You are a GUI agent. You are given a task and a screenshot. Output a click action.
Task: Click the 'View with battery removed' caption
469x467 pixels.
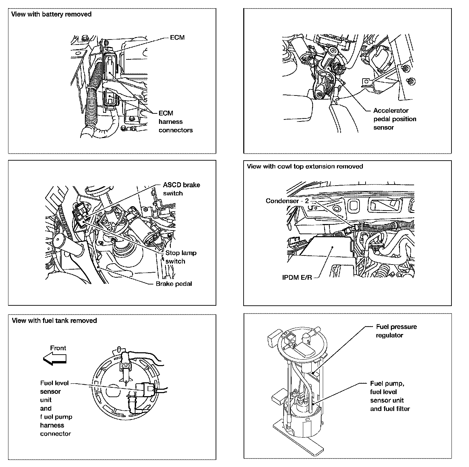pos(51,14)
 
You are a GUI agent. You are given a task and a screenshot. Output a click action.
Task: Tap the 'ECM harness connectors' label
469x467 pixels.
pos(175,121)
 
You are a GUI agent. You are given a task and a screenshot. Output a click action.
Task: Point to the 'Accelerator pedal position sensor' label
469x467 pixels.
pos(395,119)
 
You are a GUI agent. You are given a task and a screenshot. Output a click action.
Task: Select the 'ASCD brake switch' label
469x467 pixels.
pos(181,189)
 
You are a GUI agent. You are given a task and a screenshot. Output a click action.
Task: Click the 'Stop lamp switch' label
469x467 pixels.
pos(181,257)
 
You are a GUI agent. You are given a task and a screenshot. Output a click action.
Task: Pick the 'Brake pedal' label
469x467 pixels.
pos(174,284)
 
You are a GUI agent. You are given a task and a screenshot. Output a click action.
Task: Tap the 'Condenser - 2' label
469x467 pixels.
pos(287,201)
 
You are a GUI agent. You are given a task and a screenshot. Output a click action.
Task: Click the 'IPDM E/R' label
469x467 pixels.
pos(297,277)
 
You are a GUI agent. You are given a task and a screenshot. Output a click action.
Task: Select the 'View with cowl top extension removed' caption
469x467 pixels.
pos(305,166)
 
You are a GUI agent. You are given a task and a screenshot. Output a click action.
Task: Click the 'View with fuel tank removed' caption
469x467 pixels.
pos(54,321)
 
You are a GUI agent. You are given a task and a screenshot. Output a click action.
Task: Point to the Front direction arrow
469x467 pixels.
pos(55,359)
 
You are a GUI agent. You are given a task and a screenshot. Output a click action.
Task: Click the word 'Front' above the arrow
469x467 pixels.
pos(58,348)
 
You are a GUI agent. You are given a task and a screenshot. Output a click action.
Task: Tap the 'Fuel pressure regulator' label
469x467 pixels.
pos(396,331)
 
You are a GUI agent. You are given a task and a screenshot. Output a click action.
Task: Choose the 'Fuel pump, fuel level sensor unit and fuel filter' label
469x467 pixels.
pos(390,396)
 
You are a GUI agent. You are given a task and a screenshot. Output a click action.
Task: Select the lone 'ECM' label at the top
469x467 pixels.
pos(177,37)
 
